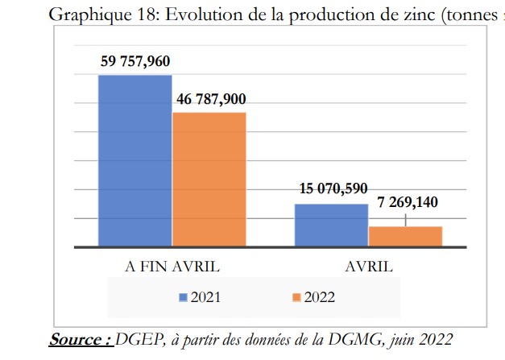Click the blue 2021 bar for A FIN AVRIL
(135, 160)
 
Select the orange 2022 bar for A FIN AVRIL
(209, 179)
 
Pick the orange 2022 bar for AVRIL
(405, 236)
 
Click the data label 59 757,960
(135, 61)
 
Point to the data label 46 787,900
(209, 100)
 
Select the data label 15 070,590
(333, 189)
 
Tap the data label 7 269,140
(407, 203)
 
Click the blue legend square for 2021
(183, 297)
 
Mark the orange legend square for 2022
(296, 297)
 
